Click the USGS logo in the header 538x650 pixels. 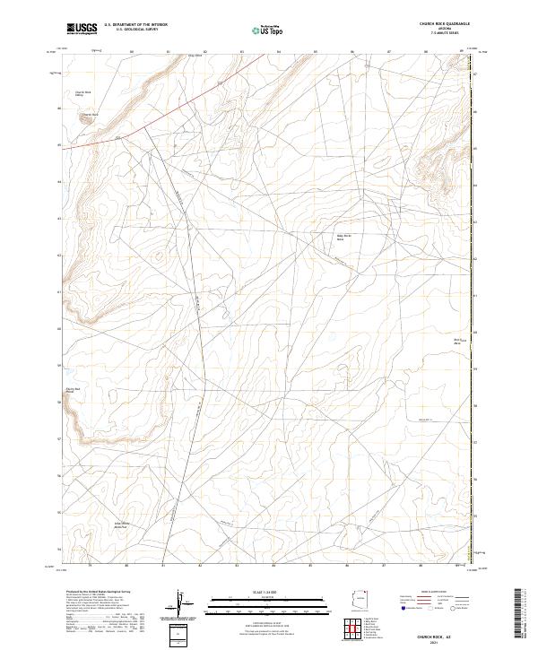tap(81, 30)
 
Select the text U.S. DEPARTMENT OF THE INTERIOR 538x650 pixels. tap(135, 25)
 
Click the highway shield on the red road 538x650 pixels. tap(117, 138)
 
